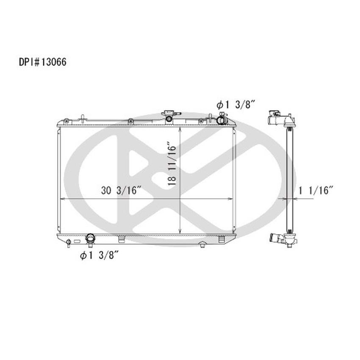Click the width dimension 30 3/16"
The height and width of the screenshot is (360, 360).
click(121, 191)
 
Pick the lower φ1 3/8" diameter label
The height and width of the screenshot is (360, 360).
click(98, 255)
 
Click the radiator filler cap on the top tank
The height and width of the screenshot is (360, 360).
click(169, 116)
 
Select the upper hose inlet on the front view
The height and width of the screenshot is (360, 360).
click(221, 121)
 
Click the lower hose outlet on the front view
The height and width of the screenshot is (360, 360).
click(90, 239)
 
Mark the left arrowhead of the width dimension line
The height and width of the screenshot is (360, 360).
click(60, 198)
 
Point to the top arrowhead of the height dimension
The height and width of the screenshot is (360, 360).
click(181, 128)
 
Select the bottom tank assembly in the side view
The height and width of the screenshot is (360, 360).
click(283, 241)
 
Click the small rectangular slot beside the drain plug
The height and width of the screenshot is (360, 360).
click(77, 241)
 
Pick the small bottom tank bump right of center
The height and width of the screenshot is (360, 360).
click(202, 243)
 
